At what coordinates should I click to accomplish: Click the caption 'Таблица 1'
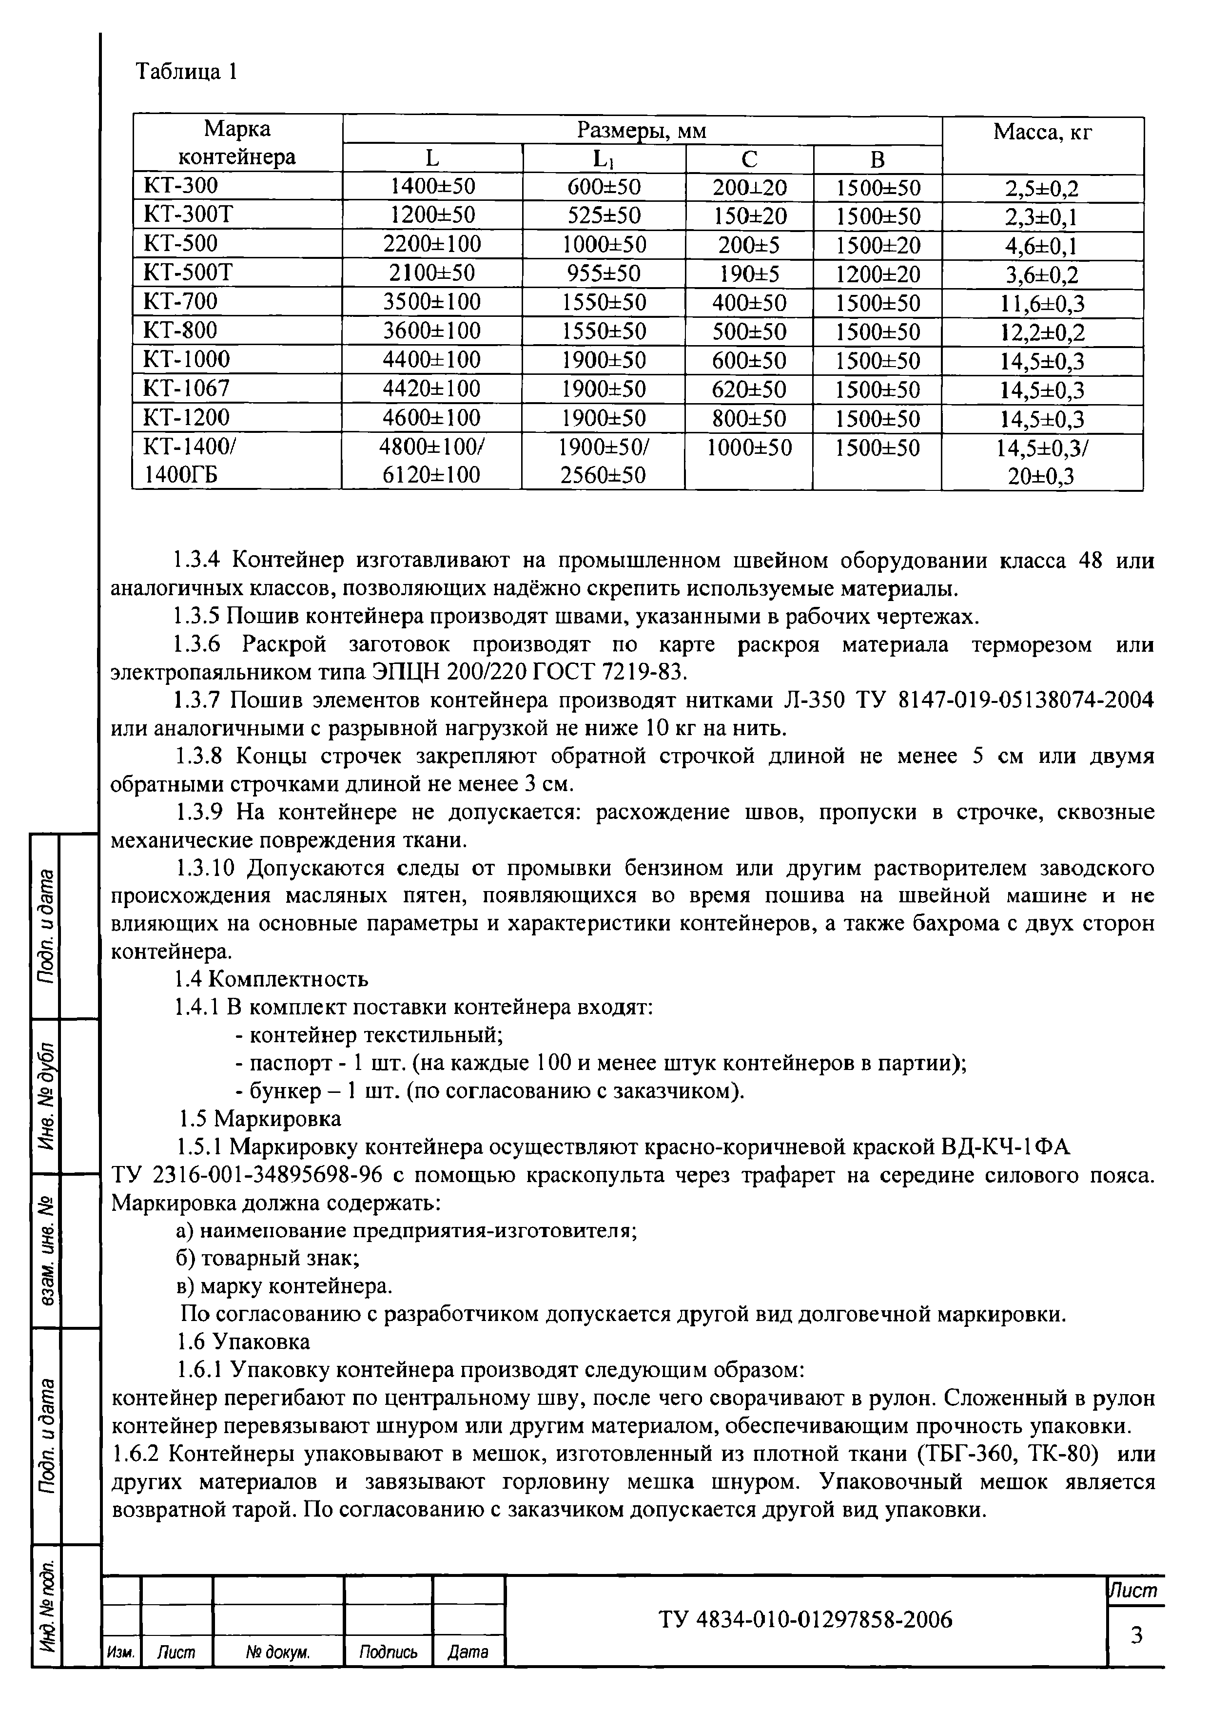coord(187,72)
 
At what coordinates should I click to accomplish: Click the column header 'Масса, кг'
coord(1042,133)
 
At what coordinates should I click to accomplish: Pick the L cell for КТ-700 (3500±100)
coord(432,302)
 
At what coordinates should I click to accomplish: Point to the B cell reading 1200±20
coord(877,274)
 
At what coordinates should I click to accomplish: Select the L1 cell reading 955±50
coord(604,273)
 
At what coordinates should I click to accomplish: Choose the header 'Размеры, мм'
coord(642,131)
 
